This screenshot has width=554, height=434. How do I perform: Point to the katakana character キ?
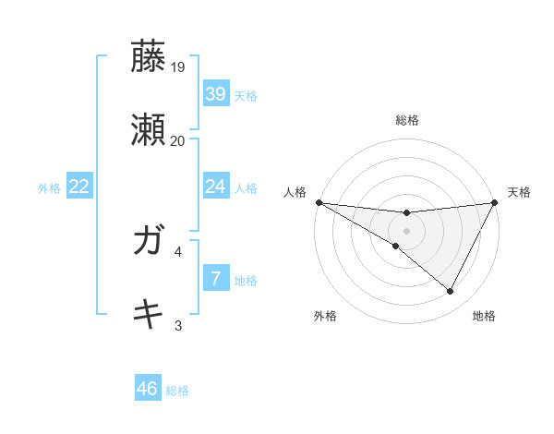tap(150, 314)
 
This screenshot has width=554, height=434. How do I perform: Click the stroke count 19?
tap(178, 67)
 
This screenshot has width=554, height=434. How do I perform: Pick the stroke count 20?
tap(178, 140)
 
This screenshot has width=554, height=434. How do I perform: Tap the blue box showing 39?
tap(215, 93)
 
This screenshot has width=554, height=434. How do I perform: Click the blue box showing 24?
tap(215, 187)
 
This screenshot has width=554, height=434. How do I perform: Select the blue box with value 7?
tap(215, 278)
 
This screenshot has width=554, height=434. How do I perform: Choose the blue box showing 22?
tap(79, 187)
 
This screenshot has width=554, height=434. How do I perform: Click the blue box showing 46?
tap(147, 389)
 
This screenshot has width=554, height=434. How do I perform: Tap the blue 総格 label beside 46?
tap(177, 391)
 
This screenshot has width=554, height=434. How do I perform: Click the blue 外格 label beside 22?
tap(49, 188)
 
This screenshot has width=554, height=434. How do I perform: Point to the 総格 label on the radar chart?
tap(406, 120)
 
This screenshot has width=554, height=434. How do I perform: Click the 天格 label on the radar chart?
tap(519, 191)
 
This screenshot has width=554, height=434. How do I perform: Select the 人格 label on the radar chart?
tap(295, 191)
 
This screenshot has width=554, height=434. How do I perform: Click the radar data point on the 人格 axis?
tap(319, 201)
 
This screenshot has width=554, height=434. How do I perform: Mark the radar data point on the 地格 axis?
tap(451, 292)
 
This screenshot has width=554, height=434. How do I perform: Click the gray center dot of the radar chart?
tap(406, 230)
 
